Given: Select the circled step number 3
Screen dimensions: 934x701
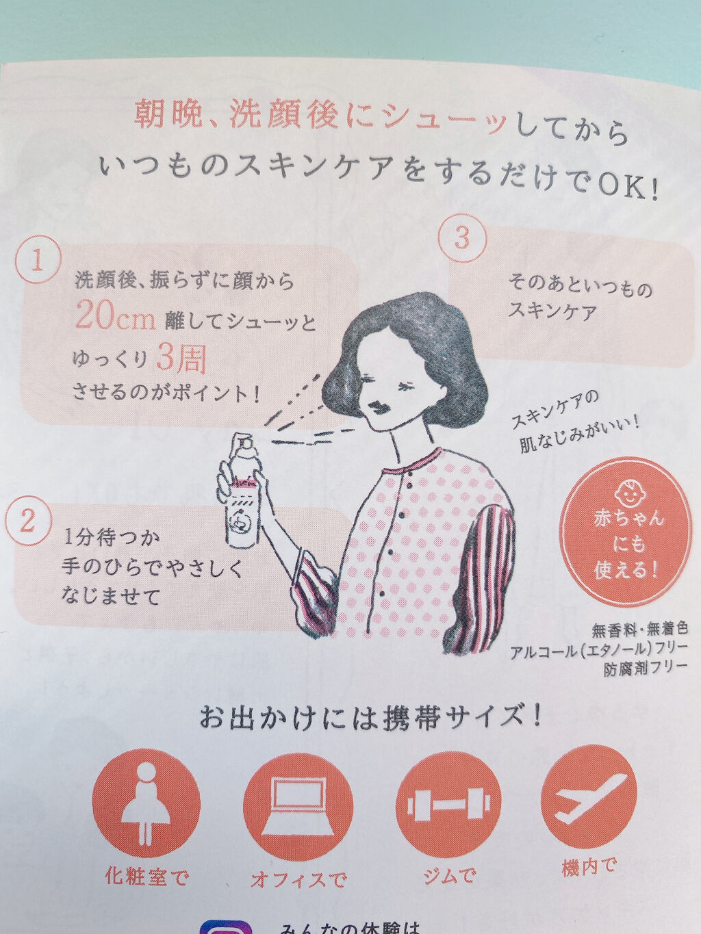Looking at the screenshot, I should pyautogui.click(x=462, y=237).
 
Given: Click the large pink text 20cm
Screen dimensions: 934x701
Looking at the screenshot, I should pyautogui.click(x=115, y=317).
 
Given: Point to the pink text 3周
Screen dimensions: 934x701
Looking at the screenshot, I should pyautogui.click(x=181, y=357).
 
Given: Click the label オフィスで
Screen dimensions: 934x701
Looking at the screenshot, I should pyautogui.click(x=298, y=879).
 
